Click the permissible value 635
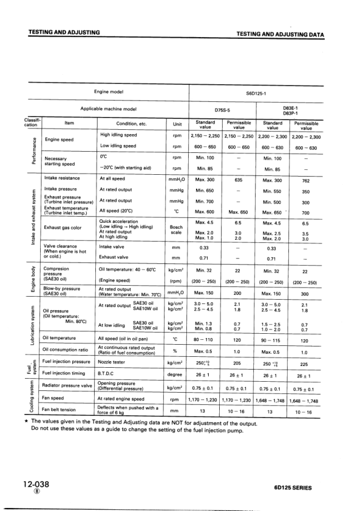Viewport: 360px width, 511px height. click(238, 180)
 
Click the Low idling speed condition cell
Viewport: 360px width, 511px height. click(118, 147)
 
